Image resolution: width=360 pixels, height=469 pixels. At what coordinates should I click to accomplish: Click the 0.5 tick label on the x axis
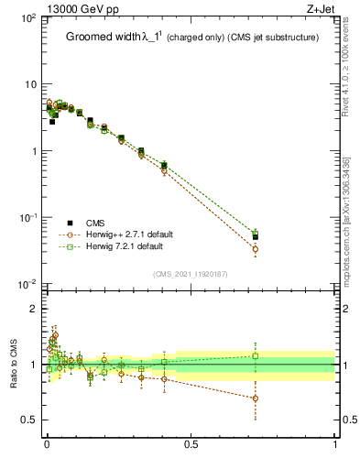191,444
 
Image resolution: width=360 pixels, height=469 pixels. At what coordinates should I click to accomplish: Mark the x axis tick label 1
335,444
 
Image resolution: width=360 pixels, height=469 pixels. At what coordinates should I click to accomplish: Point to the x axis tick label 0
47,444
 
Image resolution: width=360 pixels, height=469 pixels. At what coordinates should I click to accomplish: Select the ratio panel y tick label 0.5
27,420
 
